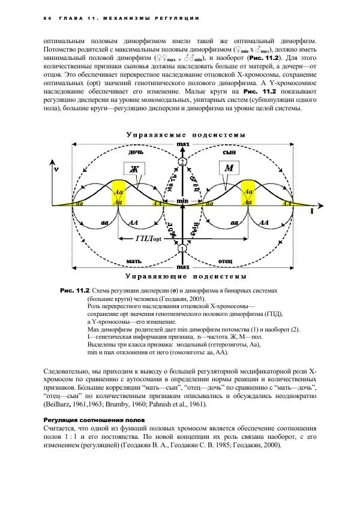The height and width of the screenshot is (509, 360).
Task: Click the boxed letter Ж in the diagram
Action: click(x=134, y=168)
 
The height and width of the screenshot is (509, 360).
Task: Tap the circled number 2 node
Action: click(x=181, y=162)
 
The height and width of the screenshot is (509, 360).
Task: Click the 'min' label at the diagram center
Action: click(x=181, y=195)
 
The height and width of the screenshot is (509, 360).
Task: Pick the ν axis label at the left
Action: click(x=56, y=169)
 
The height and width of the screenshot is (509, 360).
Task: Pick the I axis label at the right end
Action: click(x=311, y=211)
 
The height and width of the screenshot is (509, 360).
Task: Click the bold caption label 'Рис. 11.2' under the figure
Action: click(x=75, y=290)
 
